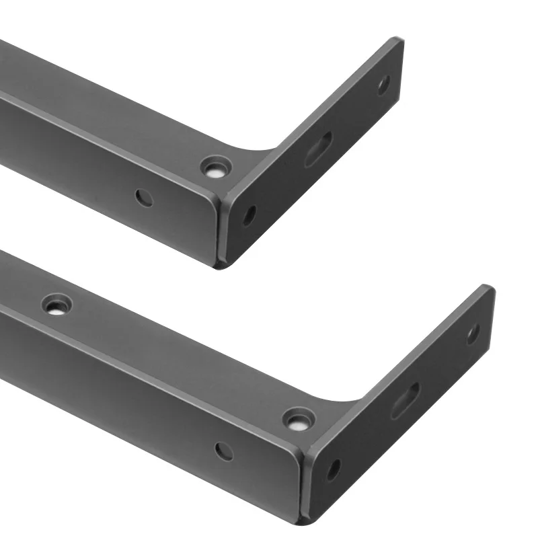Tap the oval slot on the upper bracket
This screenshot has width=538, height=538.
coord(318,149)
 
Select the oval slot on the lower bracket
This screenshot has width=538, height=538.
coord(405,400)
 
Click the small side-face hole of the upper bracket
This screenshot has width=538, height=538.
coord(144,198)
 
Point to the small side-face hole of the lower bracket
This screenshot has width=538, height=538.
coord(224,451)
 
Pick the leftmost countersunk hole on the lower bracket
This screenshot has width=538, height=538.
coord(56,305)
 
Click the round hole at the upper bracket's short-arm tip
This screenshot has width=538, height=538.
coord(383,85)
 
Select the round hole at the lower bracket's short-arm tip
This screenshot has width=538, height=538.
coord(473,334)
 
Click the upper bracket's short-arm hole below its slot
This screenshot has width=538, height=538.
coord(249,215)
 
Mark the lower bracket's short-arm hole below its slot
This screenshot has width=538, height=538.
coord(334,469)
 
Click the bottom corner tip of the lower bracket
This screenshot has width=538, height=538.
coord(304,519)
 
